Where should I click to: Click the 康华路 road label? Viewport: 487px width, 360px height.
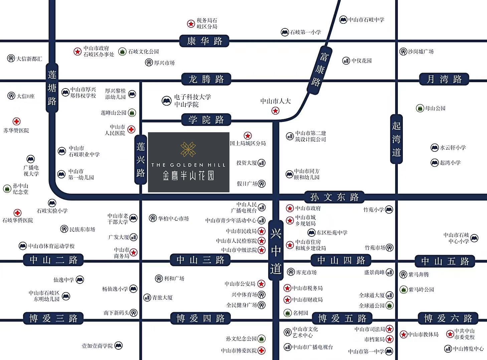point(204,41)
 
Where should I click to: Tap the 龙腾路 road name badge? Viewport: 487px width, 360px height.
point(206,79)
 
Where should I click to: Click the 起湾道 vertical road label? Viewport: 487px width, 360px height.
point(396,139)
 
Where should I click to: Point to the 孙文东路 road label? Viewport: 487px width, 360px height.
point(334,197)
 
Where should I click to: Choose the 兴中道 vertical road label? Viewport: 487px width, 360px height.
point(276,250)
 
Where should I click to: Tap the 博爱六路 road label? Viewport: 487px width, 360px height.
point(448,318)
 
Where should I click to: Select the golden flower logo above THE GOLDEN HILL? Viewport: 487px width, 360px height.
point(188,149)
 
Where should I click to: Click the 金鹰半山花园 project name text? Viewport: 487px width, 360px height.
point(188,176)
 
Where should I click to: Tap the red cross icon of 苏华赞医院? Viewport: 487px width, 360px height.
point(16,122)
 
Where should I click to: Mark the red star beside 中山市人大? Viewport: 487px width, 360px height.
point(275,111)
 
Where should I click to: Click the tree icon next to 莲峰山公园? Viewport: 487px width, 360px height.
point(132,113)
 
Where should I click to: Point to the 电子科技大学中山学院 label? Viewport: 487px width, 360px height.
point(192,101)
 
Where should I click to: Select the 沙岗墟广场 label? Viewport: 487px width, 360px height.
point(421,51)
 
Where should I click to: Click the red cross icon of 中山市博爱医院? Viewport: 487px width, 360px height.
point(262,351)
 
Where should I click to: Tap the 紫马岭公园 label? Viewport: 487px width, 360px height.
point(421,290)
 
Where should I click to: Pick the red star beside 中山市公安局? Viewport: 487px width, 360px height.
point(262,284)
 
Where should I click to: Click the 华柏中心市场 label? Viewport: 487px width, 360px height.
point(173,218)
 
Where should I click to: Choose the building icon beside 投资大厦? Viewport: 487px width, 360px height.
point(262,163)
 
